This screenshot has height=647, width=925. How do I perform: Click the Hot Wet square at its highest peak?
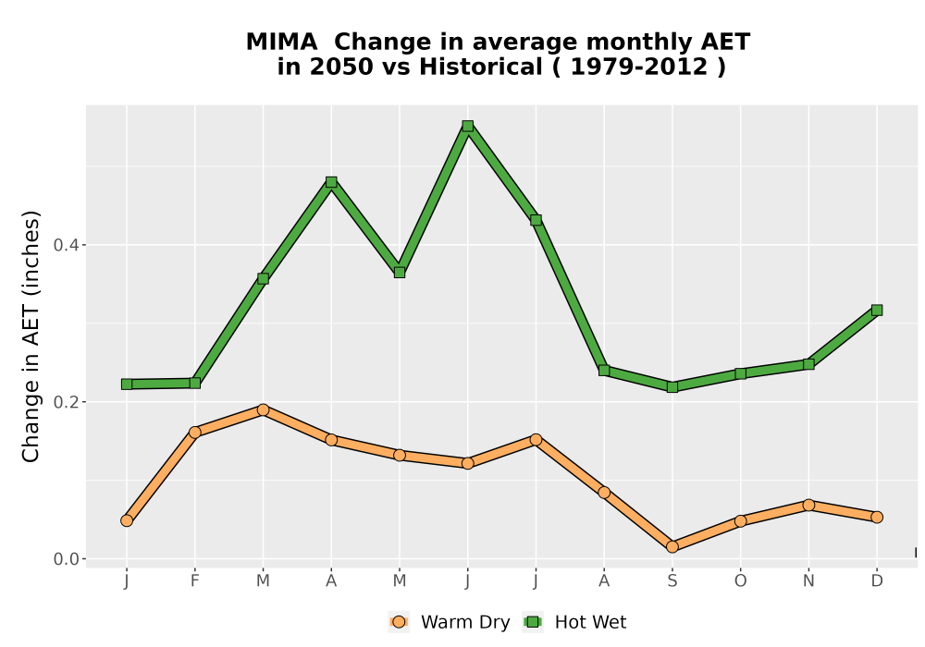click(468, 126)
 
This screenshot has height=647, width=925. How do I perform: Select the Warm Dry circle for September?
click(672, 547)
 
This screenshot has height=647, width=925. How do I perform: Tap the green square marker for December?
click(877, 310)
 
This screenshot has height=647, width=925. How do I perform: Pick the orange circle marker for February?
click(194, 432)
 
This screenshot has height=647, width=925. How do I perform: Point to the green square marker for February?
click(194, 383)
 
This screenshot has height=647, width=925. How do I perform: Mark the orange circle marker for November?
click(808, 505)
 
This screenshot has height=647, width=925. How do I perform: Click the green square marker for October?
click(740, 373)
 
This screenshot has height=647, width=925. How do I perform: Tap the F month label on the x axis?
click(194, 581)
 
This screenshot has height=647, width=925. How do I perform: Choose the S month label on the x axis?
click(672, 581)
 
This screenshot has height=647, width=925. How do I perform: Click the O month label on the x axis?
click(740, 581)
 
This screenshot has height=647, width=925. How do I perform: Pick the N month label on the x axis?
click(808, 581)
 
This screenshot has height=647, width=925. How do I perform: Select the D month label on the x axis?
click(877, 581)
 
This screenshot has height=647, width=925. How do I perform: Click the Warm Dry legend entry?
click(449, 622)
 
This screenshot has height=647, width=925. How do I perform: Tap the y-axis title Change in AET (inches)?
click(31, 336)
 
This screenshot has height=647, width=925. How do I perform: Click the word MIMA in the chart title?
click(281, 43)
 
